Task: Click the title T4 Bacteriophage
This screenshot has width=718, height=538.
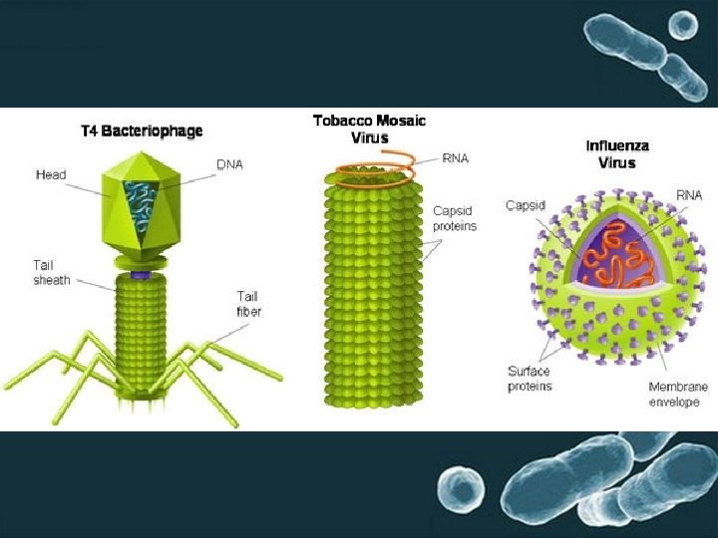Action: pos(142,132)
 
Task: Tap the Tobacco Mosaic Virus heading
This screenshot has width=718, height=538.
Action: pos(369,129)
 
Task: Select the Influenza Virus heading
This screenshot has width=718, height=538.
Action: pos(617,153)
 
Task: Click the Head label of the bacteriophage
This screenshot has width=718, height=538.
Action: pos(51,175)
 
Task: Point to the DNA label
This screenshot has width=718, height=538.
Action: pos(229,164)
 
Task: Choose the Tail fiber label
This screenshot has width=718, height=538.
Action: pos(248,303)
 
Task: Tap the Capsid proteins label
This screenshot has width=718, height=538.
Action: pos(455,218)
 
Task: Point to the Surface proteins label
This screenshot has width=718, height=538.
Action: pos(529,379)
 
